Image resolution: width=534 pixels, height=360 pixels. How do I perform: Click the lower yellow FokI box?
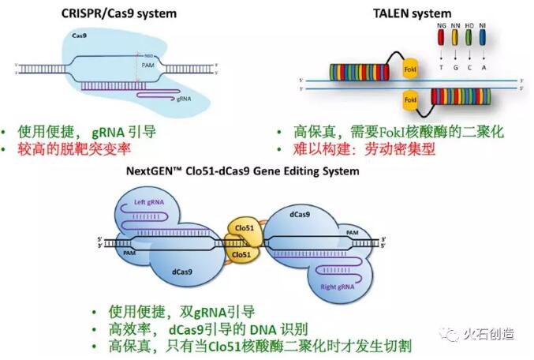coord(410,100)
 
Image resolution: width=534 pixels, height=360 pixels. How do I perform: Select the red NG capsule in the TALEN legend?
coord(440,36)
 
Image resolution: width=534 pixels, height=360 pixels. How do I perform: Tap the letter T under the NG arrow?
coord(440,69)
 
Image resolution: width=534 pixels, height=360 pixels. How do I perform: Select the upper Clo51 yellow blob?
coord(245,227)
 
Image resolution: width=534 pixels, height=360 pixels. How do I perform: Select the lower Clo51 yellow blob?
coord(245,255)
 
